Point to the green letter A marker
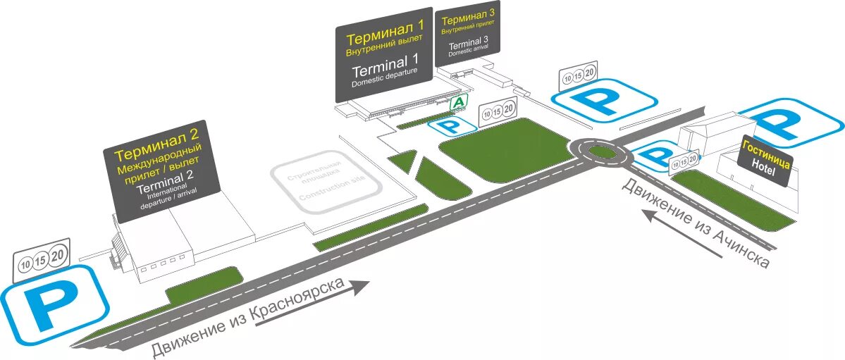pos(459,103)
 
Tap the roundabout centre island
pos(600,151)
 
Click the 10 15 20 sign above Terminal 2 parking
pos(42,260)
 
